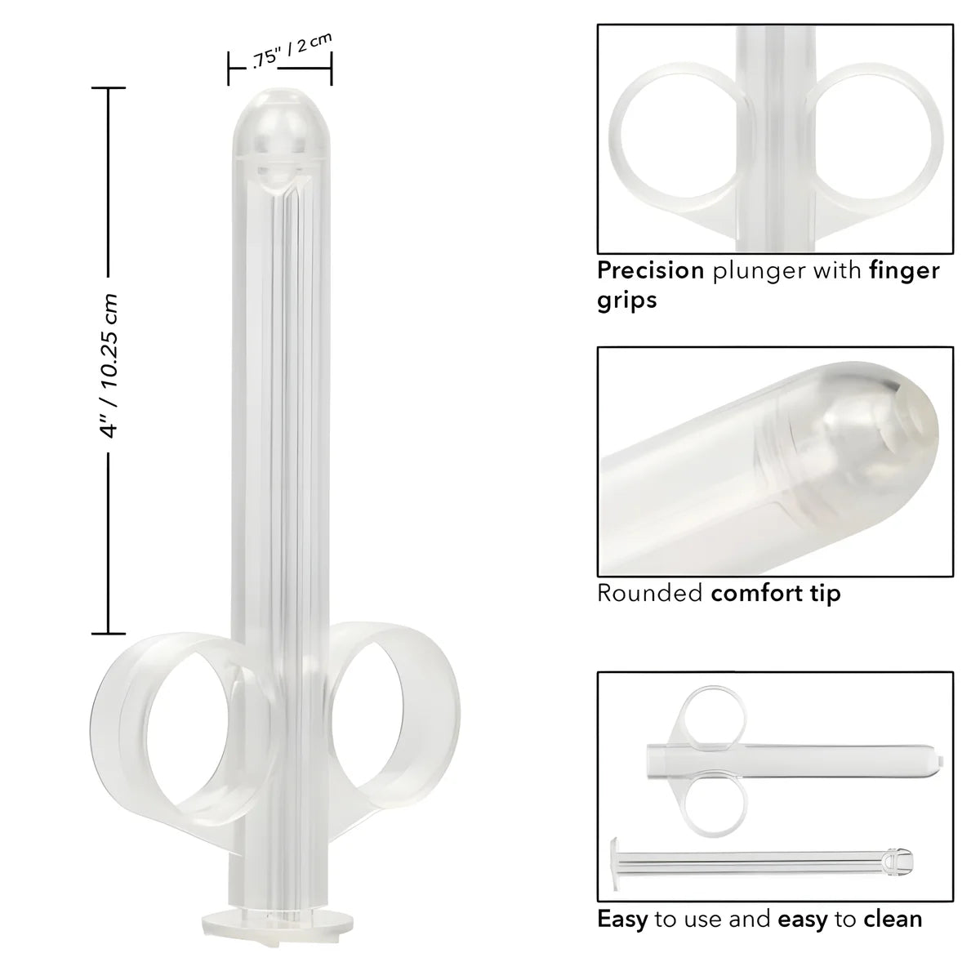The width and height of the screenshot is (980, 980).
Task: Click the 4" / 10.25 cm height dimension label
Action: (x=109, y=367)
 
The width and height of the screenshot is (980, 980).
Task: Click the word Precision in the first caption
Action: (x=650, y=270)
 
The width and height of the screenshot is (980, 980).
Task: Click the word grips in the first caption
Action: (x=626, y=300)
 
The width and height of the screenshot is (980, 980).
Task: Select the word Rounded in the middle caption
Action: (x=650, y=593)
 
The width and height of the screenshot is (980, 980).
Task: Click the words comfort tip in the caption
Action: (x=775, y=593)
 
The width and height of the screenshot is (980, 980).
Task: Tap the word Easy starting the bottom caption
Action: (x=621, y=919)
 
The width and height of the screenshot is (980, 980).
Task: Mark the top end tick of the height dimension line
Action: (x=109, y=87)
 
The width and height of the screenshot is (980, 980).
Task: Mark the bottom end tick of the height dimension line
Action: (x=109, y=633)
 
